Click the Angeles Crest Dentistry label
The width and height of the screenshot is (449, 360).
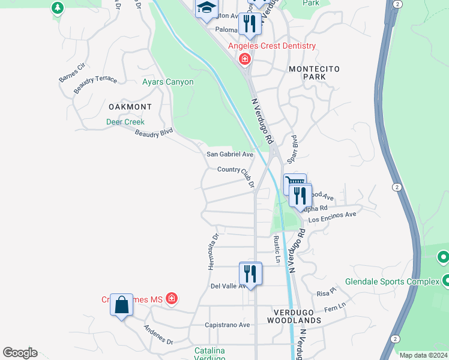pos(271,46)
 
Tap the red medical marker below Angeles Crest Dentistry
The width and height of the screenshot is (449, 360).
pos(244,59)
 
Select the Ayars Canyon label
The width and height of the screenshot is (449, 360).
pos(168,82)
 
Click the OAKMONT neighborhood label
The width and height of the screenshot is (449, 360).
pos(130,107)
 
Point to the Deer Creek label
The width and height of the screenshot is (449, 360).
pos(125,122)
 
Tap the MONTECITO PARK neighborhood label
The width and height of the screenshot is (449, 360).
pos(315,73)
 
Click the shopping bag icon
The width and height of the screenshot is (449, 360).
pos(121,305)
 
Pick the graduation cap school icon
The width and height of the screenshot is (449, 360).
pos(206,8)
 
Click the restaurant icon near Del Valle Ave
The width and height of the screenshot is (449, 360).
pos(250,274)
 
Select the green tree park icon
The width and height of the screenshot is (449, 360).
pos(58,8)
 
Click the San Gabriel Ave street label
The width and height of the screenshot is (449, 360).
pos(230,154)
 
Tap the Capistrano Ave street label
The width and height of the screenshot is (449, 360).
pos(228,325)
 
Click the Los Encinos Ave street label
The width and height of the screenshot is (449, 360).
pos(333,217)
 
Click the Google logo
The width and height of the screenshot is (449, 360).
pos(20,353)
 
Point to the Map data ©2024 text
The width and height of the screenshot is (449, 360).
pos(424,355)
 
